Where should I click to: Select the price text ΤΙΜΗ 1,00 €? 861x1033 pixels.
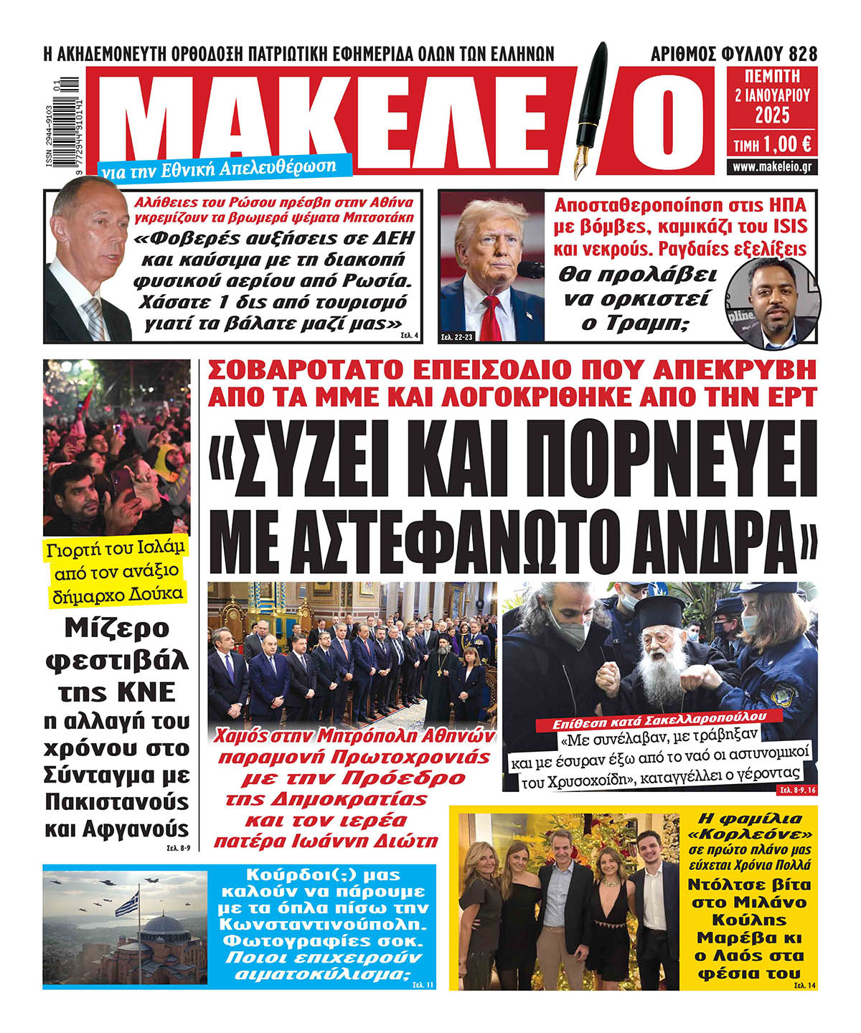(772, 144)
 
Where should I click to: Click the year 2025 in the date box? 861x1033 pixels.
(772, 115)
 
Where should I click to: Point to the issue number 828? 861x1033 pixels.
(802, 54)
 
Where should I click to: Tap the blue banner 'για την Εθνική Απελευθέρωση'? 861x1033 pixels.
(219, 168)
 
